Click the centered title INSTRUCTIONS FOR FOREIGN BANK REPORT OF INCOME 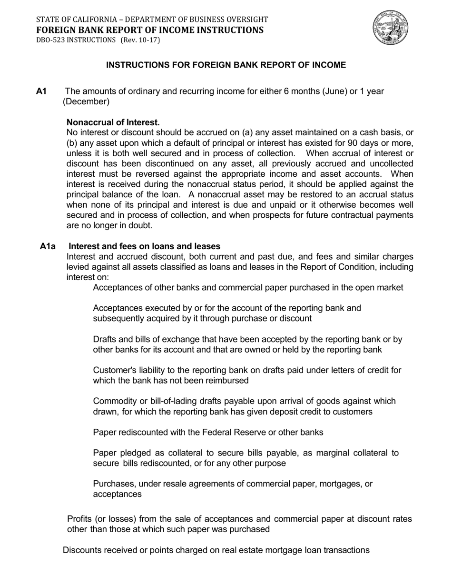[x=226, y=65]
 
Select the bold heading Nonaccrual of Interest [x=113, y=122]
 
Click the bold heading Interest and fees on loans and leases [x=145, y=246]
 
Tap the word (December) [x=86, y=101]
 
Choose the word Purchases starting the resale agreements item [x=113, y=484]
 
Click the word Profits [x=80, y=519]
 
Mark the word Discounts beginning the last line [x=82, y=550]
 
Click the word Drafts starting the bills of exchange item [x=105, y=339]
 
